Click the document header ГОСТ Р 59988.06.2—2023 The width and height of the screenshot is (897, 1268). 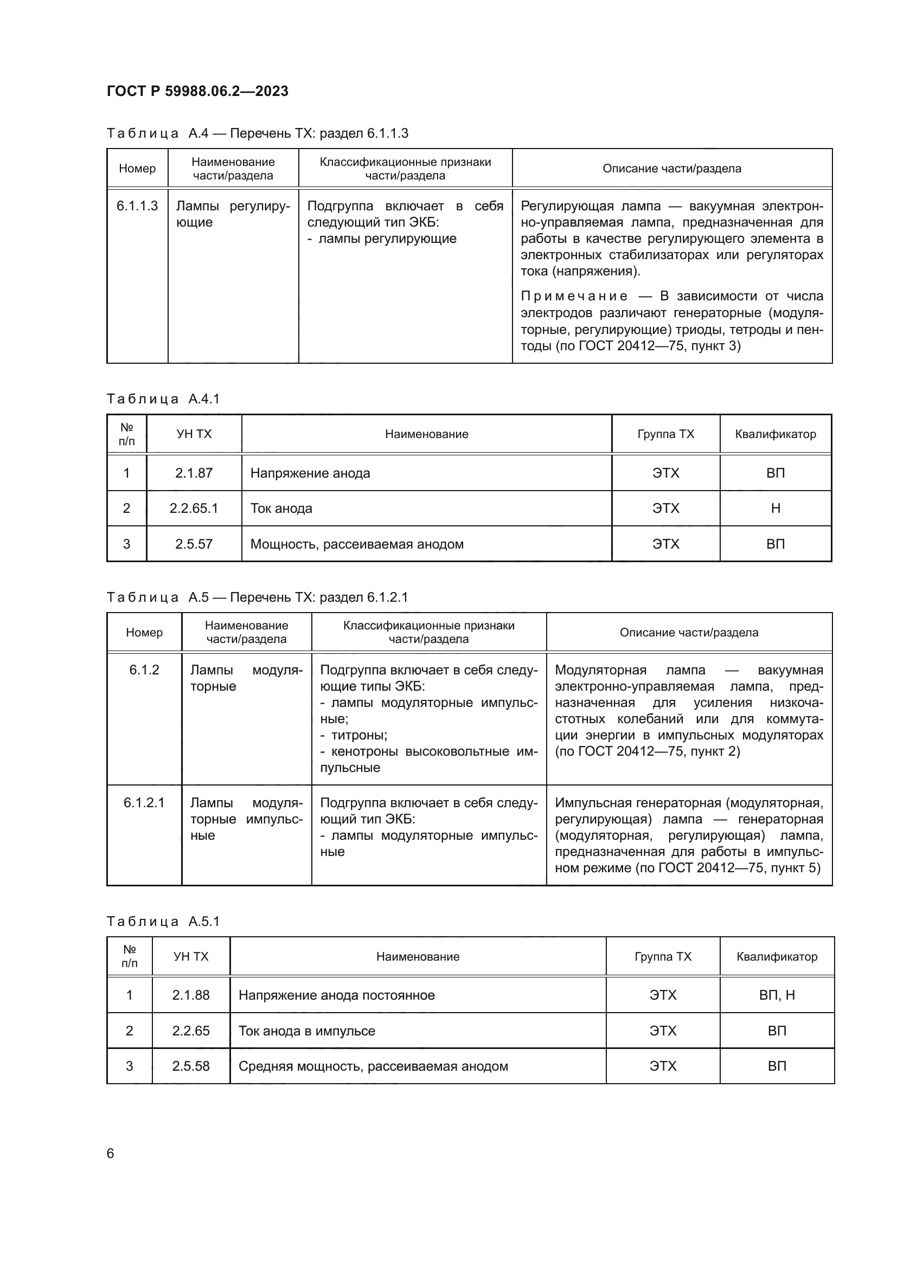(x=197, y=91)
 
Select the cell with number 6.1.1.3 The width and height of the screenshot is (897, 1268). (x=137, y=206)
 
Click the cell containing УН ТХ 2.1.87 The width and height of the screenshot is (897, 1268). (x=194, y=473)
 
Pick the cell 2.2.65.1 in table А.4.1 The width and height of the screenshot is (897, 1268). (x=194, y=509)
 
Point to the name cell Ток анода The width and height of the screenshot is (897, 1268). (x=281, y=509)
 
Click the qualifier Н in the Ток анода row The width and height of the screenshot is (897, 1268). (x=776, y=509)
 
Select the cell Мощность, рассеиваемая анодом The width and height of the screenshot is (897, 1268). (x=357, y=544)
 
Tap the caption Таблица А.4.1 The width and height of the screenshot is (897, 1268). (x=163, y=399)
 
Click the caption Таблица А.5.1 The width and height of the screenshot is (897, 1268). (x=163, y=921)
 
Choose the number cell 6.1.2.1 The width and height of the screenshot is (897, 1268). (x=144, y=802)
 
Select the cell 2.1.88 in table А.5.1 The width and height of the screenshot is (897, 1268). (x=190, y=995)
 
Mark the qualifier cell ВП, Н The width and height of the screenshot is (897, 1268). (x=777, y=995)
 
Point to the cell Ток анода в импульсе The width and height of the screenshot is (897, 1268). (x=306, y=1031)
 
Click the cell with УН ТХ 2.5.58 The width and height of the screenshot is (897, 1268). (x=190, y=1066)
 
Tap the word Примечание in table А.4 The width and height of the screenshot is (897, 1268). (x=574, y=296)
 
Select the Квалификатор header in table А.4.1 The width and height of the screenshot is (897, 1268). (x=776, y=434)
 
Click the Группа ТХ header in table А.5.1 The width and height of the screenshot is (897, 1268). (x=663, y=956)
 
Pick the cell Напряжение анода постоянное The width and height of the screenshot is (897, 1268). (x=336, y=995)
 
